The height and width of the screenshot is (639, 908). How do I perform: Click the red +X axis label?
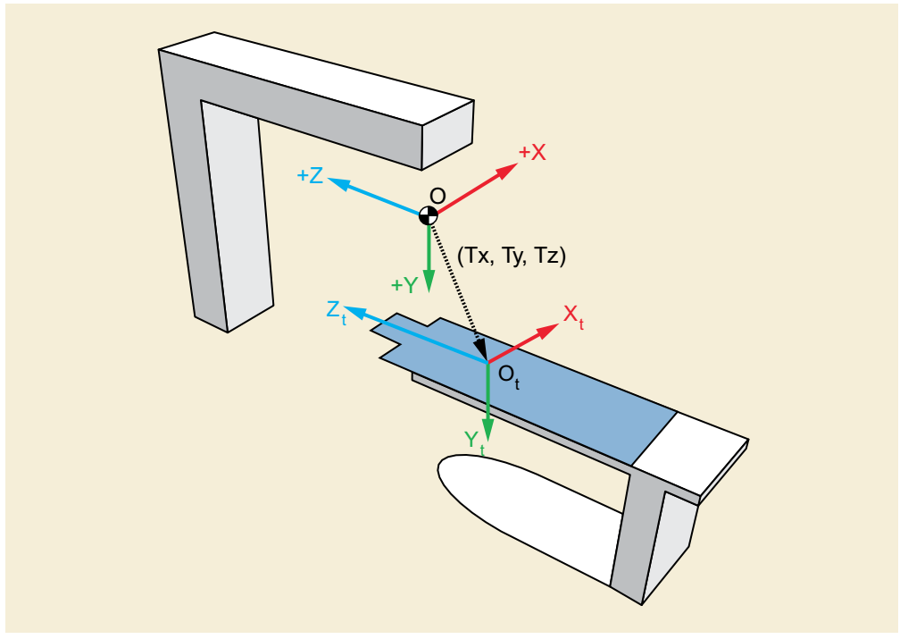point(532,153)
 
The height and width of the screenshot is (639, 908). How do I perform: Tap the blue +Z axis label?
point(310,175)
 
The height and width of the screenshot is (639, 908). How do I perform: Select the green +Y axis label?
point(404,285)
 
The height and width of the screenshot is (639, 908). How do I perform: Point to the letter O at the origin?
point(437,196)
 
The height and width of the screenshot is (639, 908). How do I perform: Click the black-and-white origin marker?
point(428,215)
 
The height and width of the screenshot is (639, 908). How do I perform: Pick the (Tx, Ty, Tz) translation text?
point(512,255)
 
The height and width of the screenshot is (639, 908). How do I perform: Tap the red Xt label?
point(573,316)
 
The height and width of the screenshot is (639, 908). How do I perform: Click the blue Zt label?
point(336,312)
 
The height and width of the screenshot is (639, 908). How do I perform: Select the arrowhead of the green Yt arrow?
point(487,429)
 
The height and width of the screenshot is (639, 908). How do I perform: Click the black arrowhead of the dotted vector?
point(480,349)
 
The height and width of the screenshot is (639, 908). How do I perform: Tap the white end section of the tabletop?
point(690,450)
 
